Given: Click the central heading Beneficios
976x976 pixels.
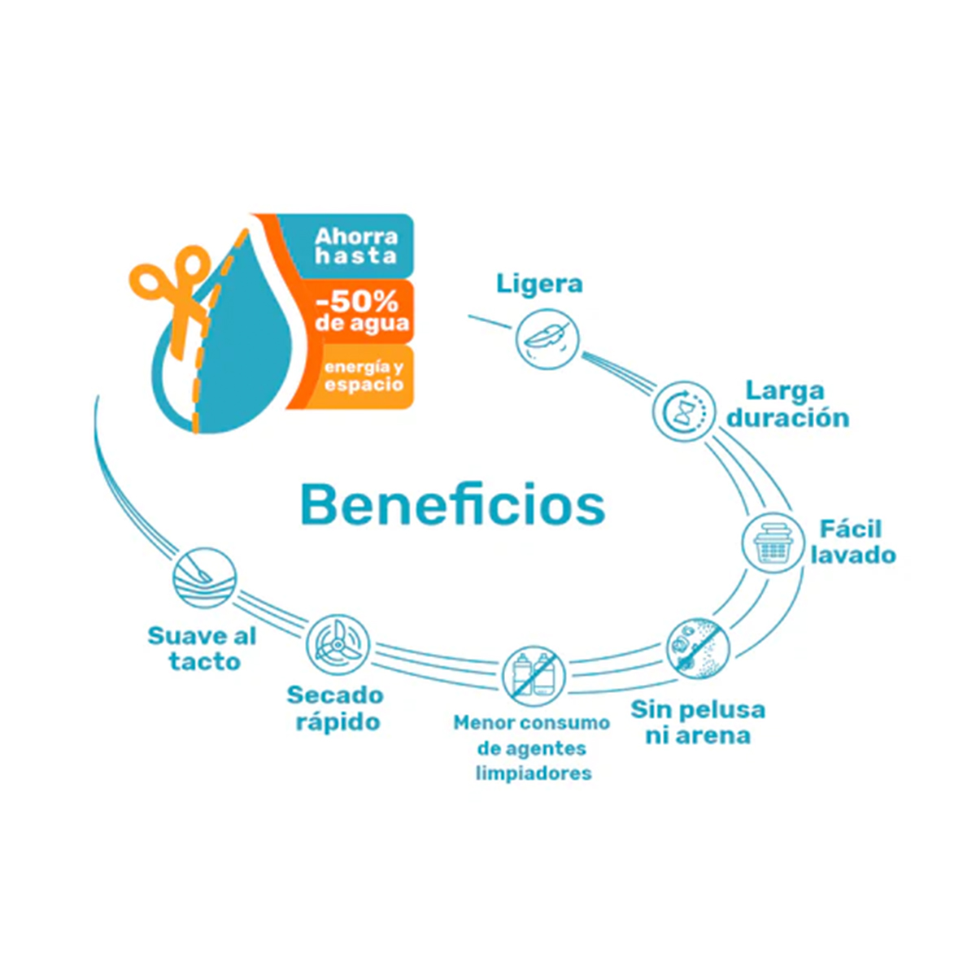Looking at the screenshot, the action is (453, 505).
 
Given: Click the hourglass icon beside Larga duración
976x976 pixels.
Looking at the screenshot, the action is (684, 411).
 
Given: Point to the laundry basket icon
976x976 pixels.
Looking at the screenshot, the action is (773, 542).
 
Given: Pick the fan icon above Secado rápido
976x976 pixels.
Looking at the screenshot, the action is (338, 644).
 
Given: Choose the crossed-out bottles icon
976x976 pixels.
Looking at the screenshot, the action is (534, 677).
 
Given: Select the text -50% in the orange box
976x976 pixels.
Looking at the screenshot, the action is (356, 303).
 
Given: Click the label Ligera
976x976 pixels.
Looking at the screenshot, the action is (539, 284).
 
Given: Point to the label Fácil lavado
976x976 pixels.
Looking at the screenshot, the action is (853, 542).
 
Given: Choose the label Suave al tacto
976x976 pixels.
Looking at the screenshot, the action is (202, 649).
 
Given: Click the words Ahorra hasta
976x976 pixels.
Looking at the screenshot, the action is (356, 246).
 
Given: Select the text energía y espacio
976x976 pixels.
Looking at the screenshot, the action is (364, 376).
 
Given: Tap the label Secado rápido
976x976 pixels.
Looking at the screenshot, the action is (335, 708).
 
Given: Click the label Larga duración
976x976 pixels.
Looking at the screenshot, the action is (788, 405).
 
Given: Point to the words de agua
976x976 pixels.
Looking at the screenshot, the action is (362, 323).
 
